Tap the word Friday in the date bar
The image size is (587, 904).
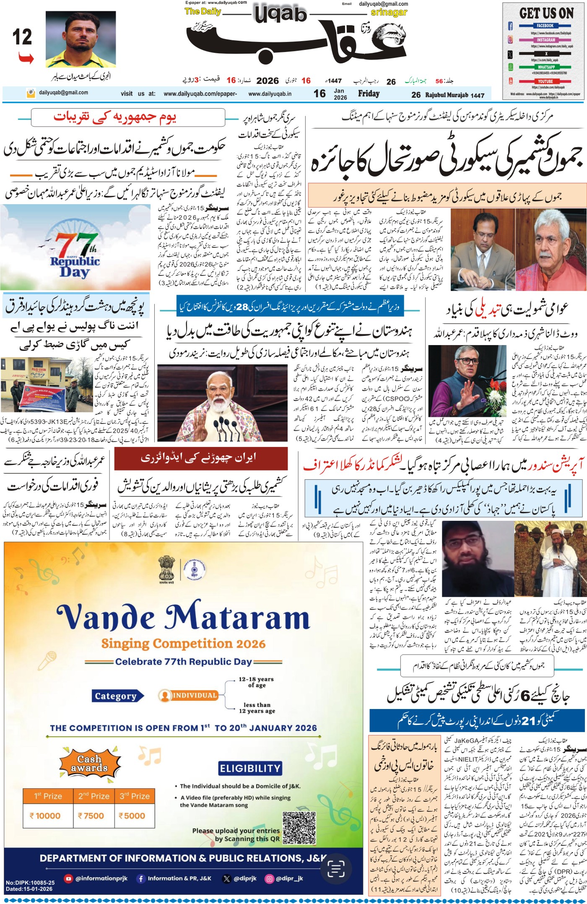[369, 94]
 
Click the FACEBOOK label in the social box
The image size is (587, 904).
[545, 26]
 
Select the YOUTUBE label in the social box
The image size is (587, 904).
[545, 81]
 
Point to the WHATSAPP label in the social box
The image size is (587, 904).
[546, 67]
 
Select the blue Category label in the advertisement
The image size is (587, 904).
[116, 696]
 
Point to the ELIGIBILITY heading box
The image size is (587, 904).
[250, 769]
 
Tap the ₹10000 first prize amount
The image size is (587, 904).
[45, 816]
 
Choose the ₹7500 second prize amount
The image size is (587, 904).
[91, 816]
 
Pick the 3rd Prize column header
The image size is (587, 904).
[135, 796]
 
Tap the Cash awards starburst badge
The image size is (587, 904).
[89, 764]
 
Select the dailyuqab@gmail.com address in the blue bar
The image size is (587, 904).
[63, 93]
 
